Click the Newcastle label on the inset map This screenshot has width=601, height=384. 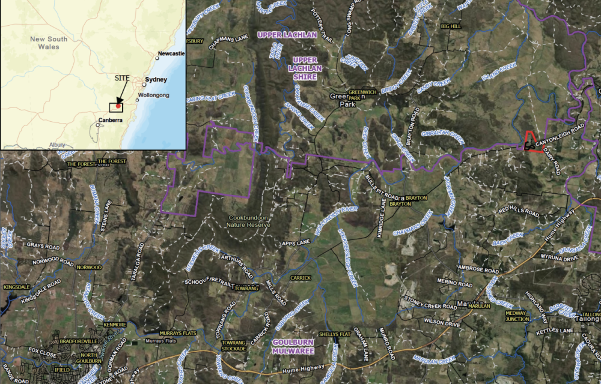point(171,54)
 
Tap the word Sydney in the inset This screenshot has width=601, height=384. point(156,79)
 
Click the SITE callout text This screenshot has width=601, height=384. point(122,77)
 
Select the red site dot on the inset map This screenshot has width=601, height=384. point(118,106)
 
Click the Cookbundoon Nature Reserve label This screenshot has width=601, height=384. point(248,221)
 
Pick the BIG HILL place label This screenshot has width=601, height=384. point(450,27)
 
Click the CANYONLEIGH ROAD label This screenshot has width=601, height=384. point(562,133)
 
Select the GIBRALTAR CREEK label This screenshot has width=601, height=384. point(443,134)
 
